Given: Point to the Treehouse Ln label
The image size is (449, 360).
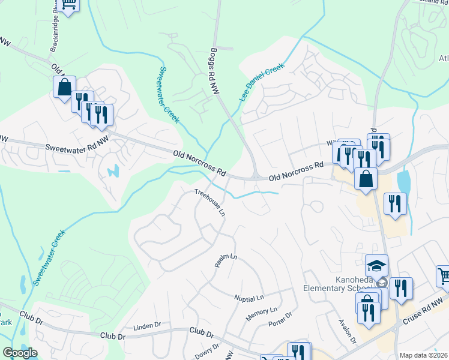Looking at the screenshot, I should [x=210, y=202].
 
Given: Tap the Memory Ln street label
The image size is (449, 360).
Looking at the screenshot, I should [x=261, y=310].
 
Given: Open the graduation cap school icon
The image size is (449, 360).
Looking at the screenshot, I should [x=376, y=265].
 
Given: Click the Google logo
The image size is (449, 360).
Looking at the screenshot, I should [x=20, y=353].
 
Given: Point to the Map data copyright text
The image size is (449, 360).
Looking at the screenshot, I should [x=423, y=355].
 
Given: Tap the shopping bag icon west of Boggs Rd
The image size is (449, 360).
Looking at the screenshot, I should [x=64, y=87].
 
